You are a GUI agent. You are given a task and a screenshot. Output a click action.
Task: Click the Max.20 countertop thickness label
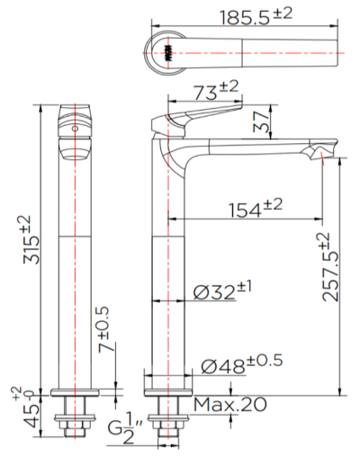(229, 405)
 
